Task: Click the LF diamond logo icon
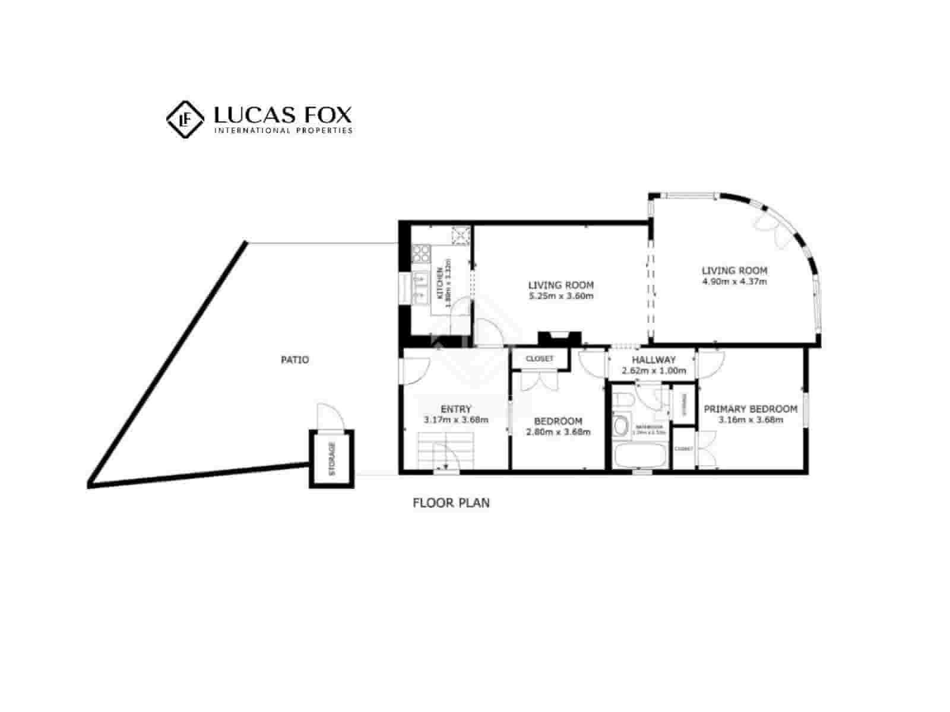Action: tap(185, 119)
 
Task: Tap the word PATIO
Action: tap(294, 360)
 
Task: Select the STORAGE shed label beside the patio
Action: tap(332, 459)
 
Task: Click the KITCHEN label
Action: tap(440, 283)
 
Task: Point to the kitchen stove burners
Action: tap(422, 253)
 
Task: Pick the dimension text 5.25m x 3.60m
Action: tap(561, 296)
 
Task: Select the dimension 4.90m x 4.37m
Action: tap(734, 281)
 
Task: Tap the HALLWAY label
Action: tap(654, 360)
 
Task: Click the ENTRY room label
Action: tap(456, 409)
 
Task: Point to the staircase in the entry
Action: tap(445, 450)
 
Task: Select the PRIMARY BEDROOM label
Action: tap(750, 409)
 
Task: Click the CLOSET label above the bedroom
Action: tap(540, 359)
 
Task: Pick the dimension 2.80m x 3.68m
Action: tap(558, 432)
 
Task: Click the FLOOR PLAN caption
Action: tap(451, 503)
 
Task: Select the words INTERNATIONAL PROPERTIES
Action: tap(283, 131)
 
